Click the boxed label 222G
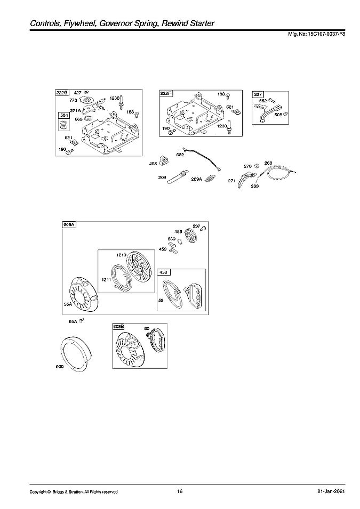pos(62,93)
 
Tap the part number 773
pos(73,100)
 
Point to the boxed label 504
pos(63,115)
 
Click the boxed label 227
pos(258,94)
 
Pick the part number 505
pos(278,114)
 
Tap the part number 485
pos(153,164)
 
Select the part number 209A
pos(197,179)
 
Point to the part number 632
pos(180,155)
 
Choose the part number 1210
pos(121,255)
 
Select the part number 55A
pos(68,304)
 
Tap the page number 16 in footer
pos(180,491)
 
